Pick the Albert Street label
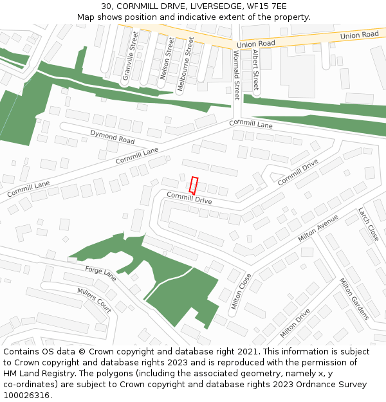pyautogui.click(x=255, y=69)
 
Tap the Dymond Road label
pyautogui.click(x=112, y=136)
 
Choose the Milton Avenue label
pyautogui.click(x=318, y=228)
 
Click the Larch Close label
pyautogui.click(x=369, y=224)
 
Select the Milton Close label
pyautogui.click(x=241, y=291)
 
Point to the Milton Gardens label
pyautogui.click(x=354, y=298)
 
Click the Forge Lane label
pyautogui.click(x=101, y=273)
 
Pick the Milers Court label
pyautogui.click(x=94, y=300)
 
